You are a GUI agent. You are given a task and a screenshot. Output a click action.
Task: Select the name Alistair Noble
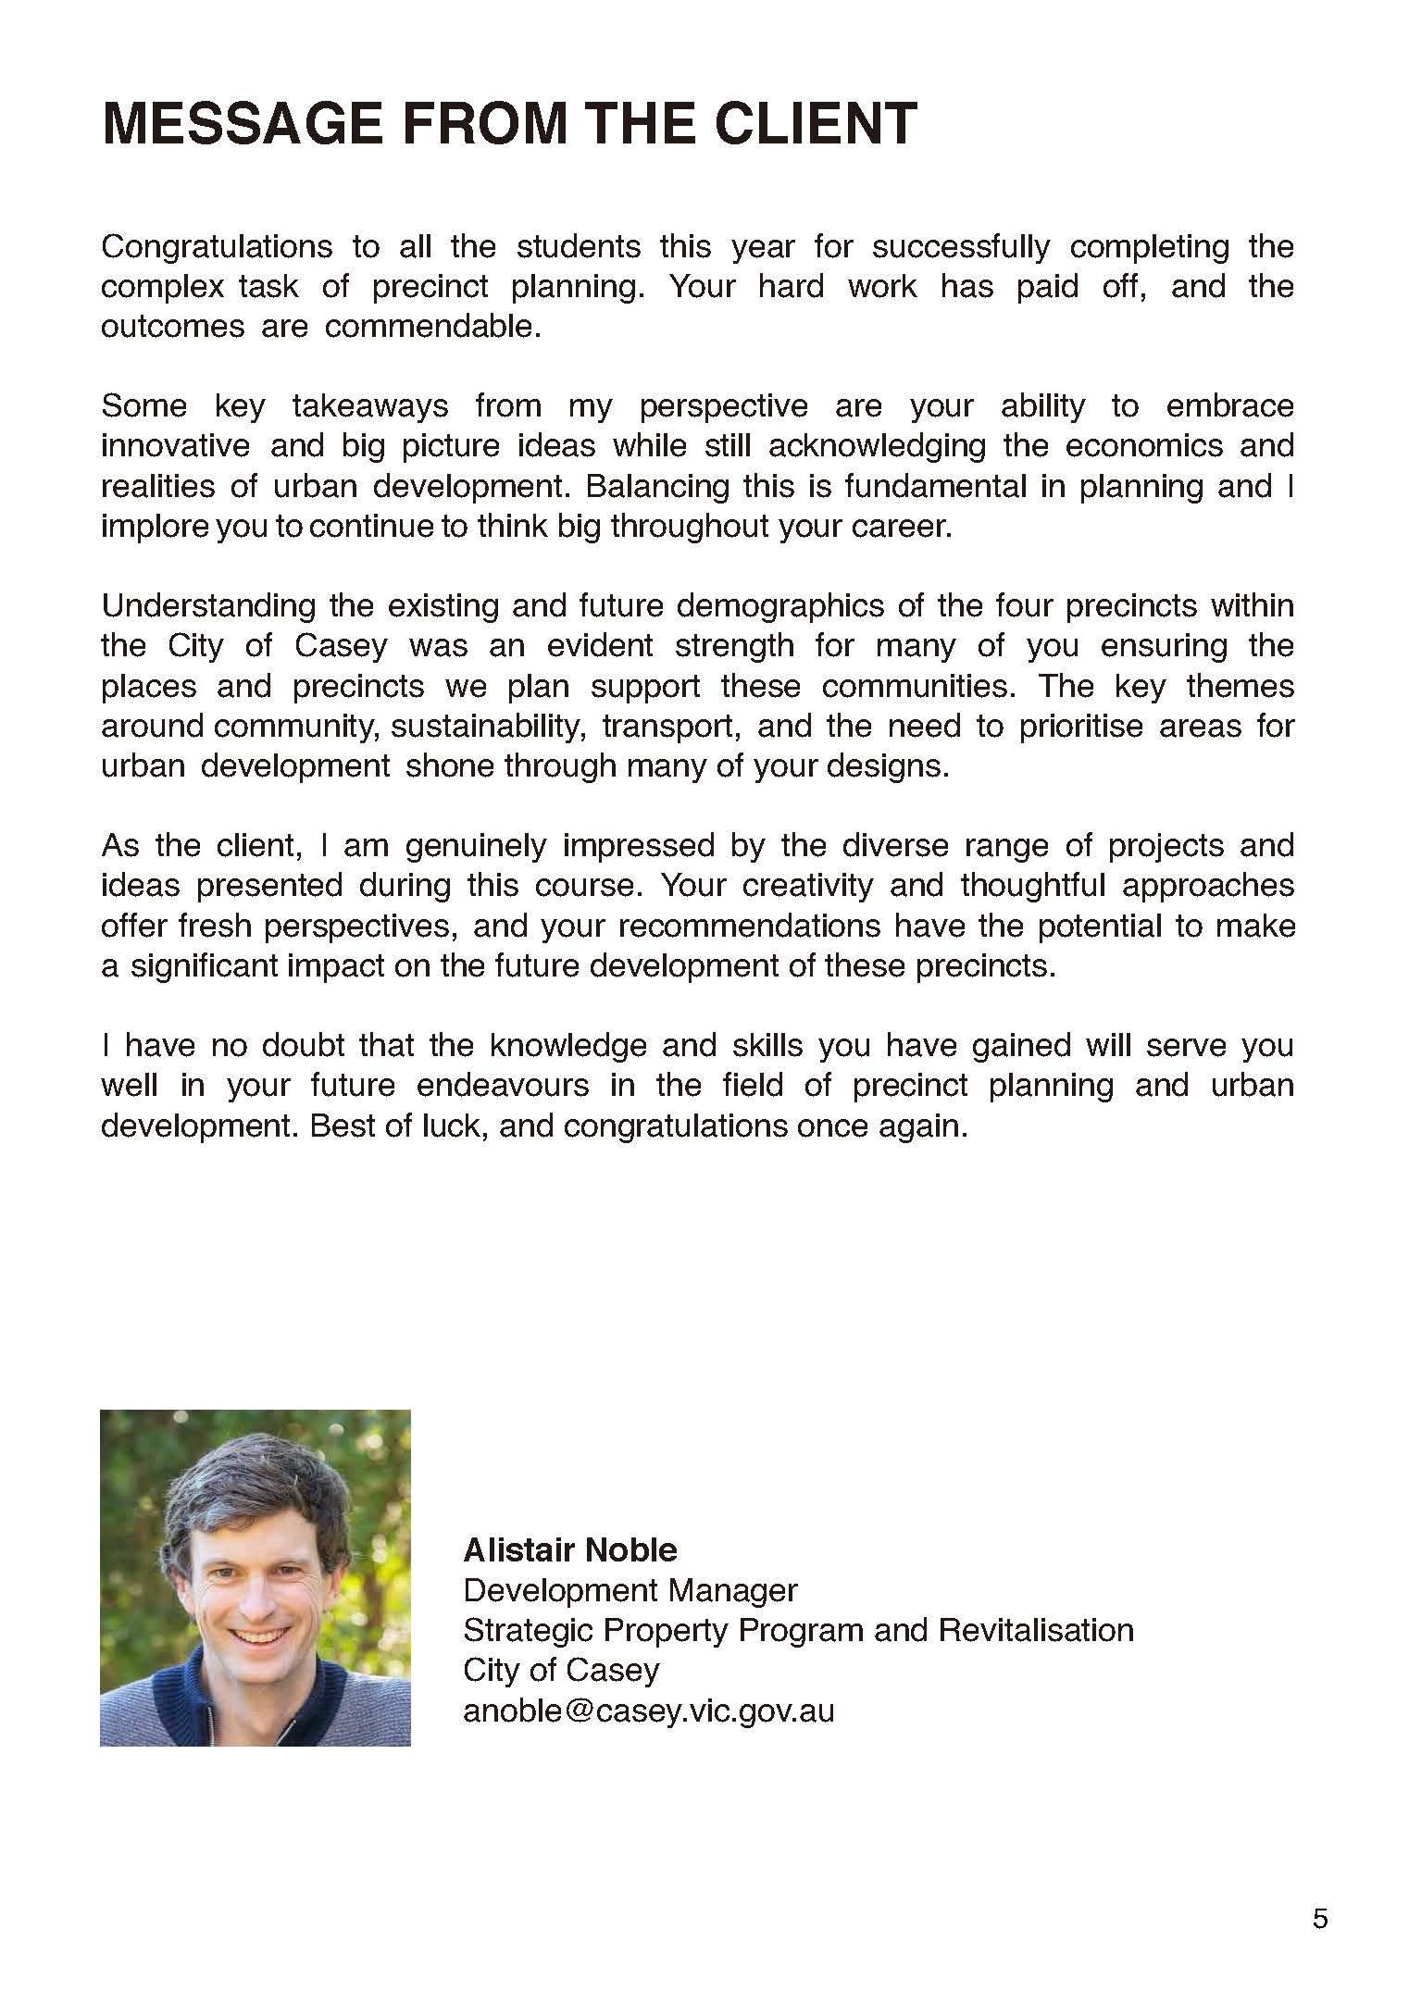tap(570, 1549)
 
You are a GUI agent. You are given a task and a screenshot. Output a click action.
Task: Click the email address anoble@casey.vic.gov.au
tap(648, 1711)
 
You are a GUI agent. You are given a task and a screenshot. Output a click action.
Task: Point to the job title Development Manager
tap(630, 1590)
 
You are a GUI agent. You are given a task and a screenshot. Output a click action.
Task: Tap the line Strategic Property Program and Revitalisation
tap(798, 1630)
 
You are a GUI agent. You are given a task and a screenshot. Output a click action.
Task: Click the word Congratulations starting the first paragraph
tap(217, 247)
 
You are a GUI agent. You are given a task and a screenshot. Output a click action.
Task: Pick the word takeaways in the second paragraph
tap(370, 406)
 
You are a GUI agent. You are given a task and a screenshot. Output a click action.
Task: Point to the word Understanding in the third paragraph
tap(208, 606)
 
